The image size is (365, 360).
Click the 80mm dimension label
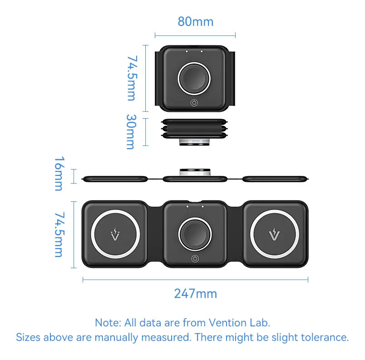point(196,22)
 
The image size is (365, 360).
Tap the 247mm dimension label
point(196,294)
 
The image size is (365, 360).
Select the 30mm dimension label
point(131,132)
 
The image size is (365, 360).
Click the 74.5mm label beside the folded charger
point(132,78)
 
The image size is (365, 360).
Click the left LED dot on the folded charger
point(187,51)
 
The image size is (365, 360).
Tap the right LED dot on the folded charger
point(202,51)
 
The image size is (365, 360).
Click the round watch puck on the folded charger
point(194,79)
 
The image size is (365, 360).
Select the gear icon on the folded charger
point(194,103)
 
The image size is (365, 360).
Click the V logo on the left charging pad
point(115,235)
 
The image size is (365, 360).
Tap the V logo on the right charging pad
point(275,235)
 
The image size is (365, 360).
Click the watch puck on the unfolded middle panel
point(195,234)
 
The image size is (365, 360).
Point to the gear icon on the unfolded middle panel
point(195,259)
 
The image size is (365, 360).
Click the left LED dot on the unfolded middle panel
point(187,207)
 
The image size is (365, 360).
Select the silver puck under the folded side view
point(194,142)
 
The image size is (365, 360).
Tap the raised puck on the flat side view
point(195,172)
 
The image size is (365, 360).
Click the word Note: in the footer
point(108,323)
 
